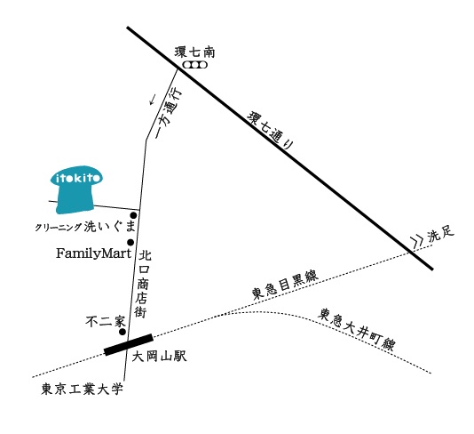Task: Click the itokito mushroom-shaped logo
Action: [75, 189]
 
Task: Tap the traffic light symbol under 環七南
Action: [195, 65]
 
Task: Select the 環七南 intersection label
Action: [194, 52]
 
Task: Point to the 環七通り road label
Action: [271, 131]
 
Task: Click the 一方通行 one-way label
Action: [169, 113]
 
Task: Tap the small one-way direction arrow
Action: [153, 99]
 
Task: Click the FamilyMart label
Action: [94, 253]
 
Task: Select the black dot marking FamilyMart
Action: [130, 242]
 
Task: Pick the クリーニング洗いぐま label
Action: [85, 227]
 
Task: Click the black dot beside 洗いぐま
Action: [133, 215]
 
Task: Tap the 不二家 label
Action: [106, 322]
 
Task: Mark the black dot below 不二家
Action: [122, 332]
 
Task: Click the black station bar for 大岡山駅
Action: [129, 345]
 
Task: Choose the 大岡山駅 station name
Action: [159, 357]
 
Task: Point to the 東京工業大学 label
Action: [83, 390]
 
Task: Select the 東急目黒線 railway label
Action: [285, 285]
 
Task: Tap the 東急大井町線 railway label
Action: [357, 330]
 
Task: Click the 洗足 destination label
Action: [441, 234]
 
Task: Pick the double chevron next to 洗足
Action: [417, 241]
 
